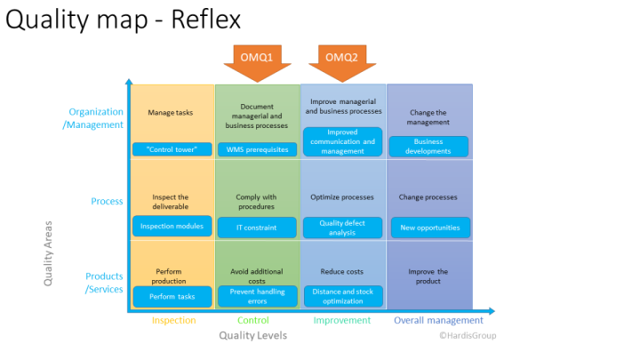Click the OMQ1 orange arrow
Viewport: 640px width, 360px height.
click(x=257, y=62)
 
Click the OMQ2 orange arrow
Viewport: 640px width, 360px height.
click(x=342, y=62)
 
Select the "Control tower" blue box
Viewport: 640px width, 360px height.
click(x=172, y=149)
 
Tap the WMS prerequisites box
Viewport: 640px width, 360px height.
click(x=257, y=149)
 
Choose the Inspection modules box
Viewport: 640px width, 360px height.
click(x=172, y=226)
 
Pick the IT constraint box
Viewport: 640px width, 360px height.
click(x=257, y=228)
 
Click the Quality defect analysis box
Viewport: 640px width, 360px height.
click(x=342, y=228)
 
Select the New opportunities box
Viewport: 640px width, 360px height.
click(x=430, y=228)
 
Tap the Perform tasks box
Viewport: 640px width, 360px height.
click(x=172, y=297)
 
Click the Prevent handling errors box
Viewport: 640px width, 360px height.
click(x=257, y=296)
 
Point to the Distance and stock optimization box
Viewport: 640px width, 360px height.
click(x=343, y=296)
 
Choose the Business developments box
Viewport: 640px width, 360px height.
click(x=428, y=147)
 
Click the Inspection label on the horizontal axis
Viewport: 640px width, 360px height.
click(x=174, y=320)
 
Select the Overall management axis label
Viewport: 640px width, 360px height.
click(x=438, y=320)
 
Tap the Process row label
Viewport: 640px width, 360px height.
click(x=107, y=201)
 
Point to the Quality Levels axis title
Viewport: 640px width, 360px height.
click(x=253, y=335)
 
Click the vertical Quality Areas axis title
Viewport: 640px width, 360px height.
click(x=48, y=253)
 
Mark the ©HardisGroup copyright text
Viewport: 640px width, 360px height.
click(x=468, y=335)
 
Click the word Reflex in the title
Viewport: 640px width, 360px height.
click(x=205, y=20)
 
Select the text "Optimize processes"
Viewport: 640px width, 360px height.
click(x=342, y=197)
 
